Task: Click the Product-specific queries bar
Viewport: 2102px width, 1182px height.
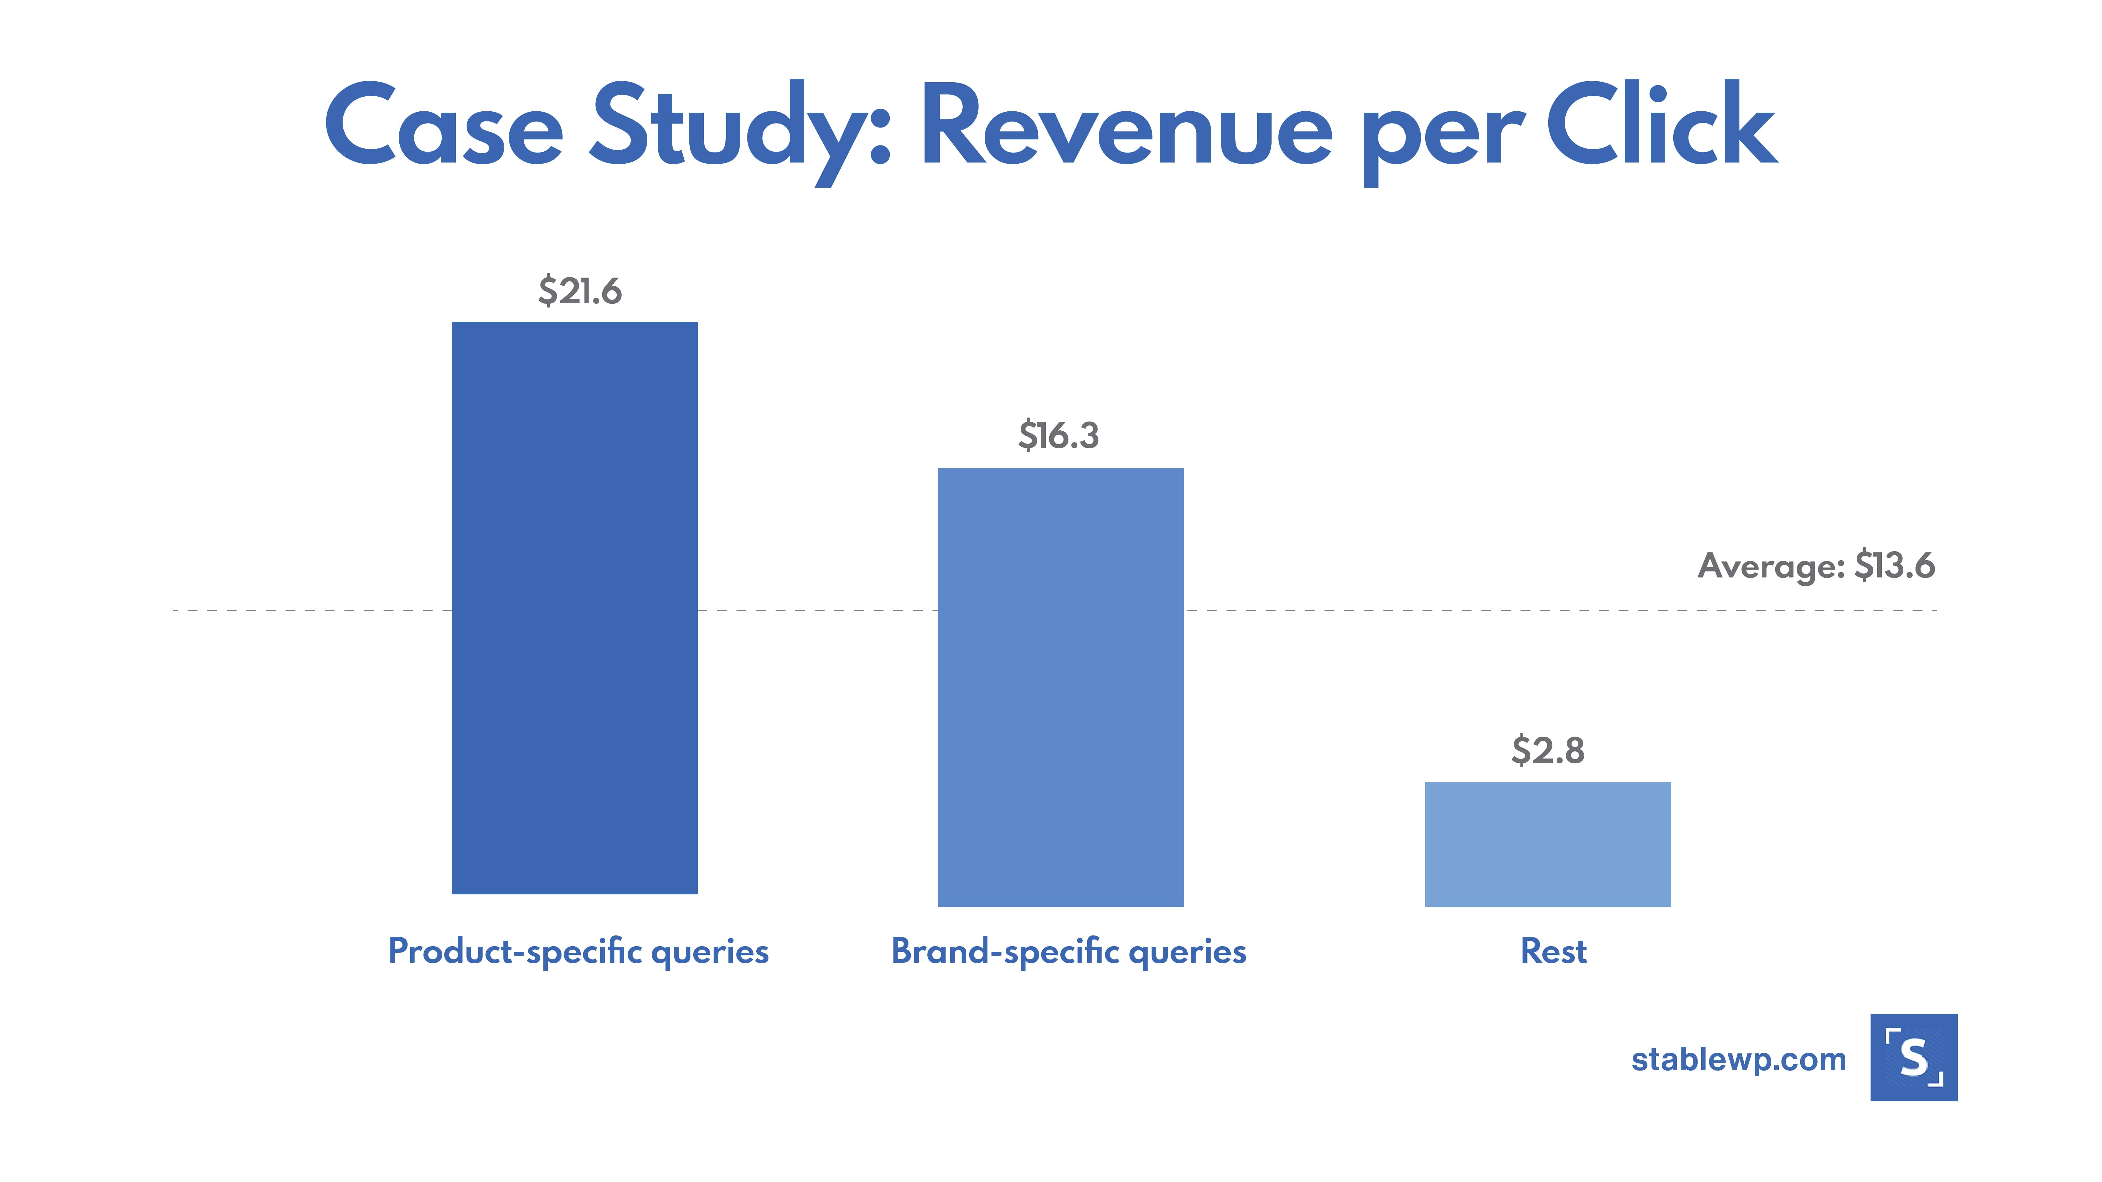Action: coord(575,608)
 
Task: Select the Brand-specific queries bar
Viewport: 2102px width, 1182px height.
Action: coord(1060,687)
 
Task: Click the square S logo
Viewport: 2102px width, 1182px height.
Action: coord(1914,1057)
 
